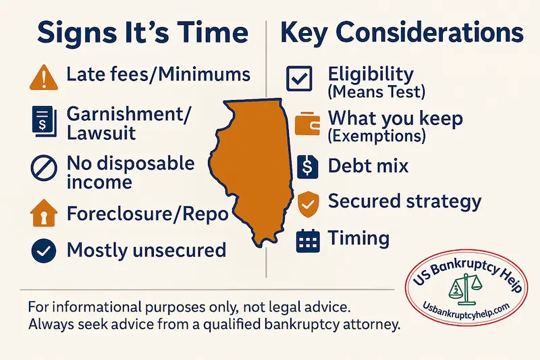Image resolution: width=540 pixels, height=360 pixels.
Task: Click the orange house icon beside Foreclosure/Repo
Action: pos(42,214)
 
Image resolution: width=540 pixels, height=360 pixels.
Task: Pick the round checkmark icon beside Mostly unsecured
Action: pos(42,251)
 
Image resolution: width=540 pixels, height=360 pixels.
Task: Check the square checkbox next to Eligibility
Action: pos(298,79)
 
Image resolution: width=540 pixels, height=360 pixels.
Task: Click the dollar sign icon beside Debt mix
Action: pos(306,165)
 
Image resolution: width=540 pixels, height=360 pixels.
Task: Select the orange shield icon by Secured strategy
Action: pos(306,202)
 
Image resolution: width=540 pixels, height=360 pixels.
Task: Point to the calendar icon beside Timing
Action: pos(307,240)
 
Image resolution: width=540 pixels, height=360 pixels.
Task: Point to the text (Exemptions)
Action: pos(376,137)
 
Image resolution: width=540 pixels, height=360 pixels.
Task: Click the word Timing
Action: pos(358,238)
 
